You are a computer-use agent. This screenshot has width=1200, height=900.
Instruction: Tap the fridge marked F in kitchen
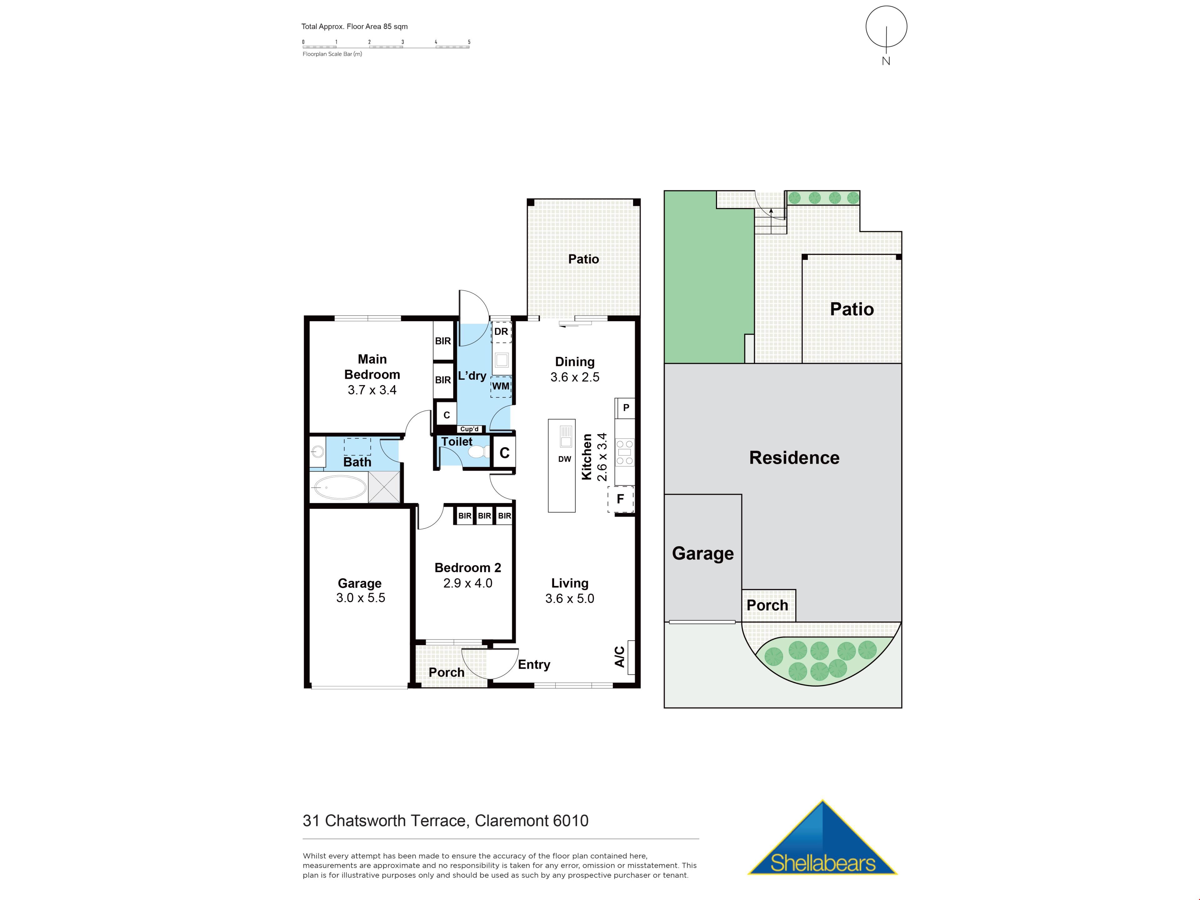[x=621, y=499]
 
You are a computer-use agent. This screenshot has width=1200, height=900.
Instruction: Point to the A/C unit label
[x=619, y=657]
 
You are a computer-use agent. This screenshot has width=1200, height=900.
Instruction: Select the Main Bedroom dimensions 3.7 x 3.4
[x=372, y=390]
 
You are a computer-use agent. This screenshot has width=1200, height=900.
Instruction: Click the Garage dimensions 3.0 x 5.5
[x=361, y=598]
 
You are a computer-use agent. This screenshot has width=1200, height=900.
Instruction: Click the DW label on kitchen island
[x=565, y=459]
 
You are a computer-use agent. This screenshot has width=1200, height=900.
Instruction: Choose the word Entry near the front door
[x=534, y=665]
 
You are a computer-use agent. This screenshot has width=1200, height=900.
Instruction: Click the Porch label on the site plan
[x=767, y=605]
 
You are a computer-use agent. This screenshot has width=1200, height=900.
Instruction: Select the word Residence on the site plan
[x=794, y=458]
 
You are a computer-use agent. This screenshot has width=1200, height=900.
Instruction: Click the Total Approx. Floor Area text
[x=354, y=26]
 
